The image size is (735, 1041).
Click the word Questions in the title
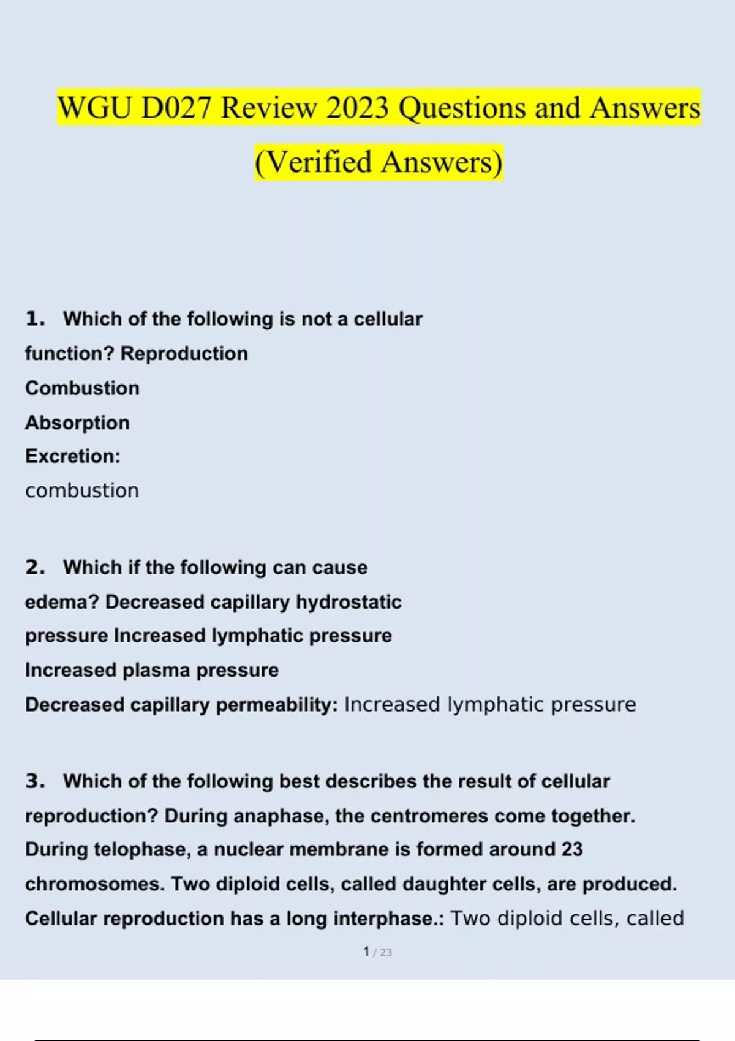click(462, 108)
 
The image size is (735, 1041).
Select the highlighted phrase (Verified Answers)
click(379, 162)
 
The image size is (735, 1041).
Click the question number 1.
click(35, 318)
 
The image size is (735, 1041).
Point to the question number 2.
click(35, 567)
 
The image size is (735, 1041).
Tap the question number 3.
click(35, 781)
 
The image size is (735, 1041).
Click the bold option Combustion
click(82, 388)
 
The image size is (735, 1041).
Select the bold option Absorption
click(77, 423)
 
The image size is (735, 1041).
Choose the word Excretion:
click(73, 456)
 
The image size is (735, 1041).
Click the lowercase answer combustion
click(82, 490)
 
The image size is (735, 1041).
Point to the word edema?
click(62, 602)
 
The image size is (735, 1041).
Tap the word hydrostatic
click(349, 602)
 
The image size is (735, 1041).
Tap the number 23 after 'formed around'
click(571, 849)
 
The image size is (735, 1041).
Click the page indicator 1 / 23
click(377, 952)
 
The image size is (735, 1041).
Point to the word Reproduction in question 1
click(184, 353)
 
